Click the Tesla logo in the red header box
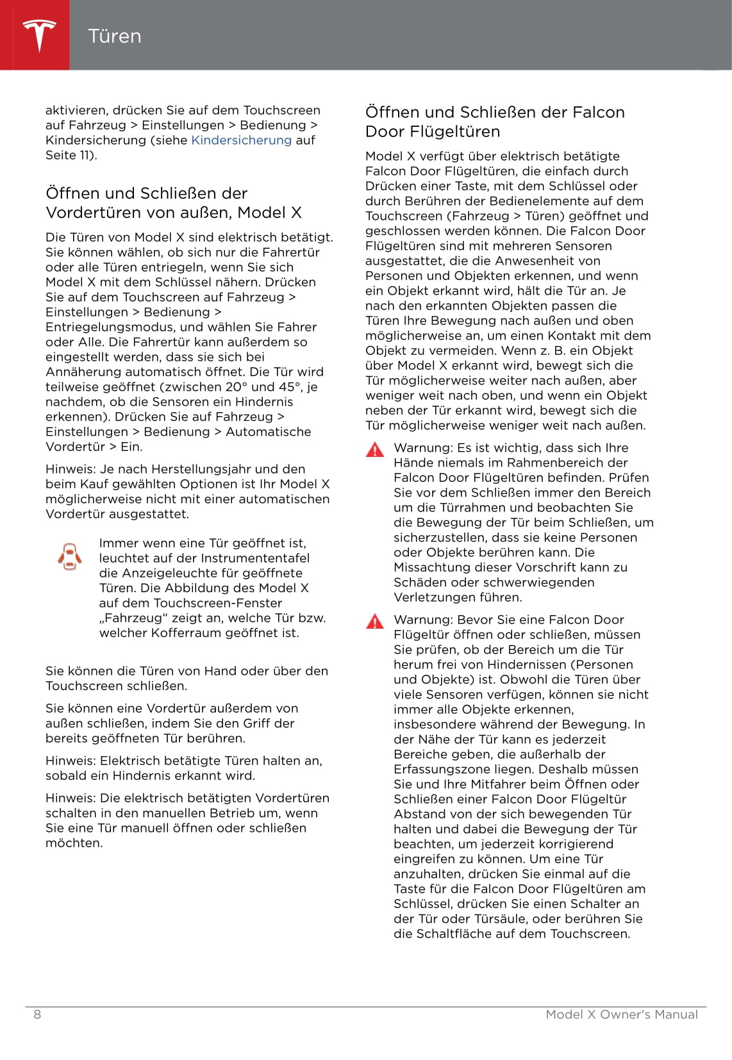coord(39,35)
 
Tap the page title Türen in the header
coord(115,36)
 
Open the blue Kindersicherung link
coord(241,140)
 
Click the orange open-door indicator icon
coord(69,557)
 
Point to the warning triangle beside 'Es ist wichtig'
coord(375,450)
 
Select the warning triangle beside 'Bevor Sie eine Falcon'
coord(375,621)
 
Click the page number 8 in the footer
coord(37,1014)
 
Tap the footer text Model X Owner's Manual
coord(621,1014)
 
